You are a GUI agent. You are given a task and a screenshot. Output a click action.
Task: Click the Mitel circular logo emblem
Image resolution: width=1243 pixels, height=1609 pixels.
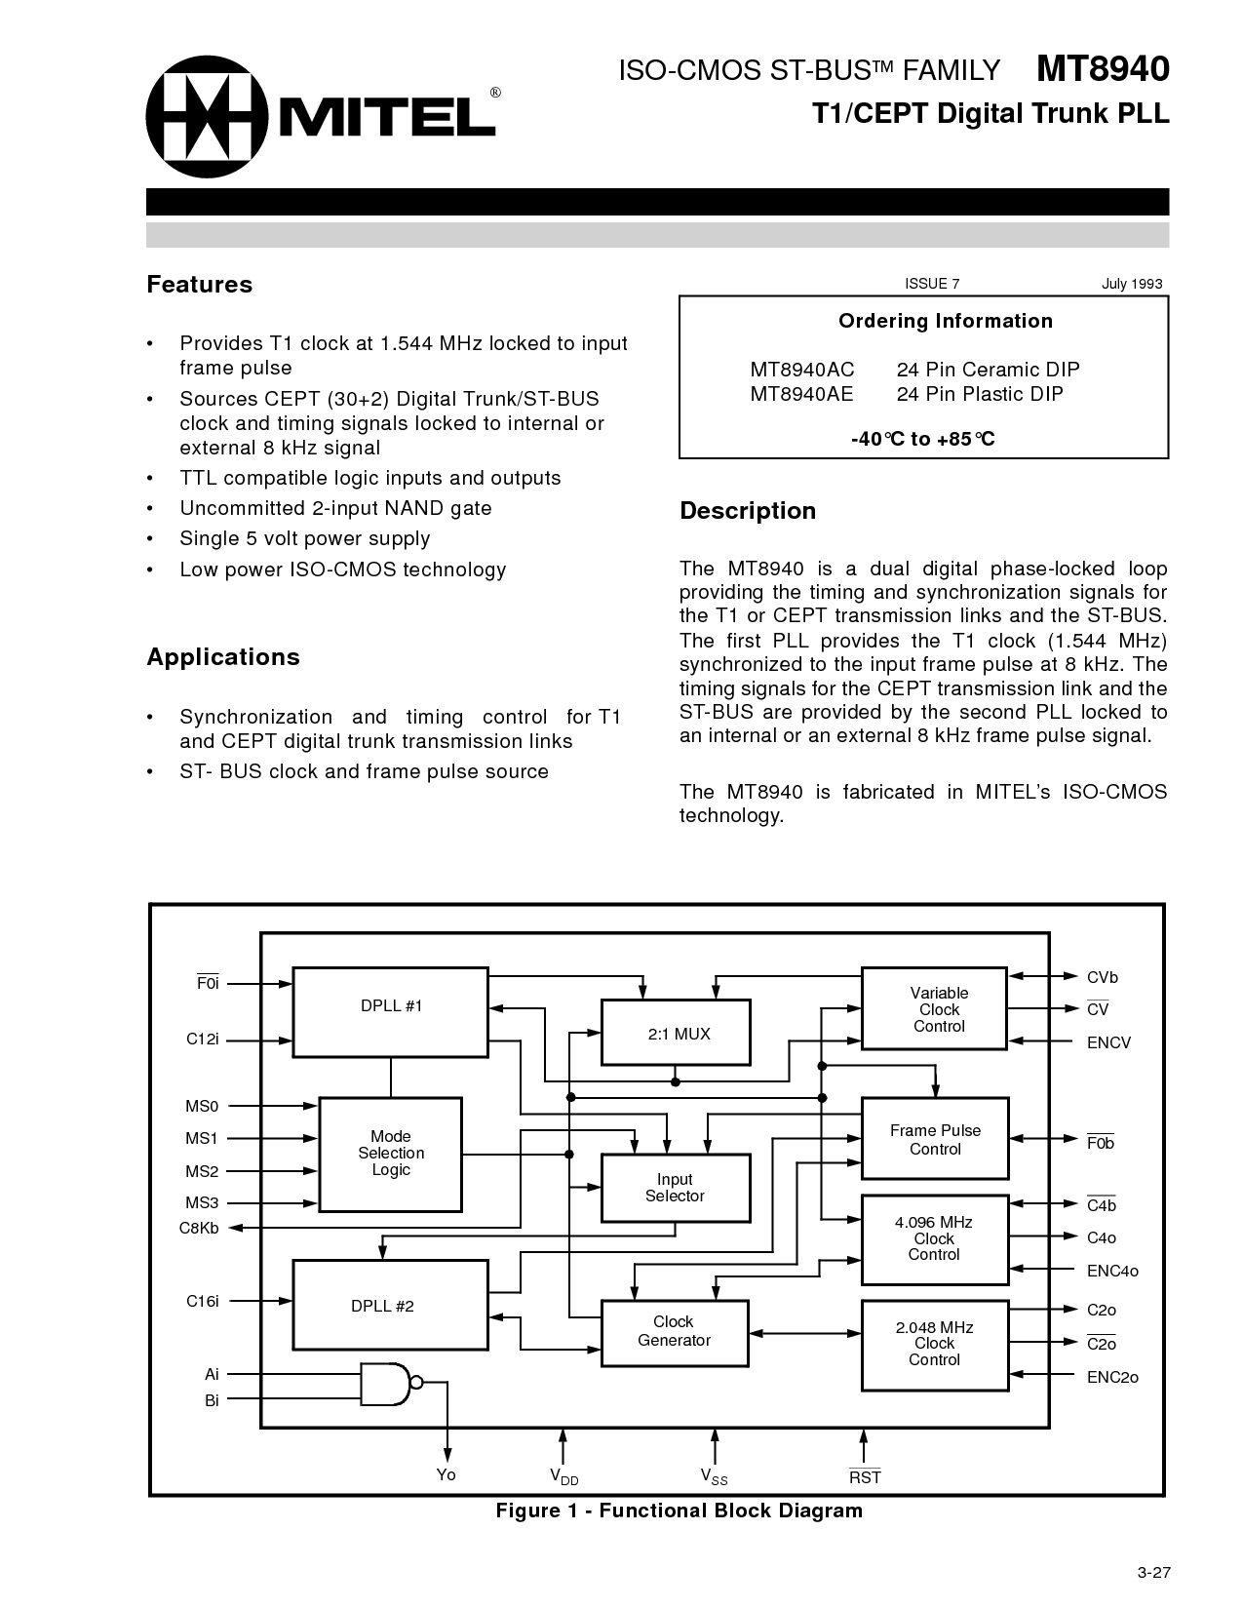tap(207, 116)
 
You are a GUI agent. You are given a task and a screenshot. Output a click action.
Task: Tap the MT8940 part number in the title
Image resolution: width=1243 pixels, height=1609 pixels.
tap(1102, 69)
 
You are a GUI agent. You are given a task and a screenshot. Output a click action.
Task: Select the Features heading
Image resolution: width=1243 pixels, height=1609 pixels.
tap(199, 285)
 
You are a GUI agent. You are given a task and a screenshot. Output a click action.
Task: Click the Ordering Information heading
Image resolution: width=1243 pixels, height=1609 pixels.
tap(946, 321)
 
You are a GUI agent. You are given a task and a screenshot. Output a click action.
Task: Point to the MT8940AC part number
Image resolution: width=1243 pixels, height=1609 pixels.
tap(801, 370)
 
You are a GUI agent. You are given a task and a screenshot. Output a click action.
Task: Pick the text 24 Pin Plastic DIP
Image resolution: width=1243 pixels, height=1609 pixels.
tap(980, 394)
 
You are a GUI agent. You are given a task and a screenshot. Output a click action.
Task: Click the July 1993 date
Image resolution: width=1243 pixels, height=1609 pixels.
tap(1132, 284)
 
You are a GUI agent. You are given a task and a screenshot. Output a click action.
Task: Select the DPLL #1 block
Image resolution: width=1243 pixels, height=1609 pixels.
tap(390, 1011)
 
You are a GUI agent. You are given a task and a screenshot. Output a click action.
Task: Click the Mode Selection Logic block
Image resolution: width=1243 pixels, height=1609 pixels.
tap(391, 1154)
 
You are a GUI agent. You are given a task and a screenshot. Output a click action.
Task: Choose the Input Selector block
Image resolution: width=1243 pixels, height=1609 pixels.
tap(675, 1188)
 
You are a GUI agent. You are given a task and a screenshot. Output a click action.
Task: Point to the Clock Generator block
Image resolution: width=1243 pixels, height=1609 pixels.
tap(674, 1331)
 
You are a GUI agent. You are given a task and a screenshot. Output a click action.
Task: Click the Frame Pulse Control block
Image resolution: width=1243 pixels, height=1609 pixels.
tap(935, 1139)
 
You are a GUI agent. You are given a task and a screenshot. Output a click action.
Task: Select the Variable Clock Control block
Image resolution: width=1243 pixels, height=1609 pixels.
tap(935, 1009)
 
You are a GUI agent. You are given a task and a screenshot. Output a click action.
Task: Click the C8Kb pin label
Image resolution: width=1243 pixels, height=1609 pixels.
tap(199, 1228)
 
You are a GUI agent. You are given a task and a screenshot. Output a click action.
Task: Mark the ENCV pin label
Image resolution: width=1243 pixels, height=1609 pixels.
tap(1108, 1042)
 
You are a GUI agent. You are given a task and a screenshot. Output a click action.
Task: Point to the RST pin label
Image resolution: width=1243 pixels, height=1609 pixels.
tap(865, 1476)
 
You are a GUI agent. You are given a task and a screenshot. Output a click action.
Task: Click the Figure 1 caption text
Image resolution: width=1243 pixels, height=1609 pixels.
tap(680, 1511)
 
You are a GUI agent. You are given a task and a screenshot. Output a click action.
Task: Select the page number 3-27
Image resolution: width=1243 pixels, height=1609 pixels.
tap(1152, 1571)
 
